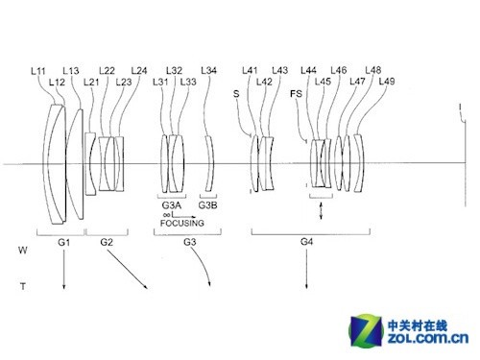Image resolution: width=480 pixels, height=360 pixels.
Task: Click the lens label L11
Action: pos(38,70)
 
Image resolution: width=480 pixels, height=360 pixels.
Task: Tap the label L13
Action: pos(70,70)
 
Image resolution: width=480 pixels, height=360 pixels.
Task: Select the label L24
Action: pos(139,70)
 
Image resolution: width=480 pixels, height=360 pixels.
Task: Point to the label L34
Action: pos(209,70)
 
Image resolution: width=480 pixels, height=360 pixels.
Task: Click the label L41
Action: pos(250,70)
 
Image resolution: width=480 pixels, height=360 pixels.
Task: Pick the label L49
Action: pos(386,82)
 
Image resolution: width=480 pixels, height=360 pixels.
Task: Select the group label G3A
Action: pos(171,204)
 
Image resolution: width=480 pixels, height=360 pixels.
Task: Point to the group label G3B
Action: pos(207,204)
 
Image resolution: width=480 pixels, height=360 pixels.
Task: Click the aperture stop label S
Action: pos(236,93)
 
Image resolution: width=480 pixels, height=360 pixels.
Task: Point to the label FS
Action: pos(296,93)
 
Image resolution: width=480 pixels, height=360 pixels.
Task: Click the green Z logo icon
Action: pos(369,325)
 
